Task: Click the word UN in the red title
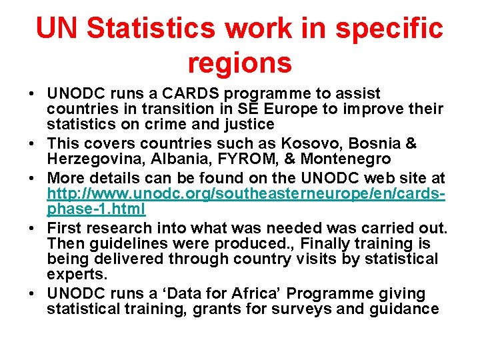(x=58, y=29)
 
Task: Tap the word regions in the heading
(x=239, y=63)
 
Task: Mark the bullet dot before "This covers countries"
(x=33, y=143)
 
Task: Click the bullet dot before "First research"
(x=33, y=228)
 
